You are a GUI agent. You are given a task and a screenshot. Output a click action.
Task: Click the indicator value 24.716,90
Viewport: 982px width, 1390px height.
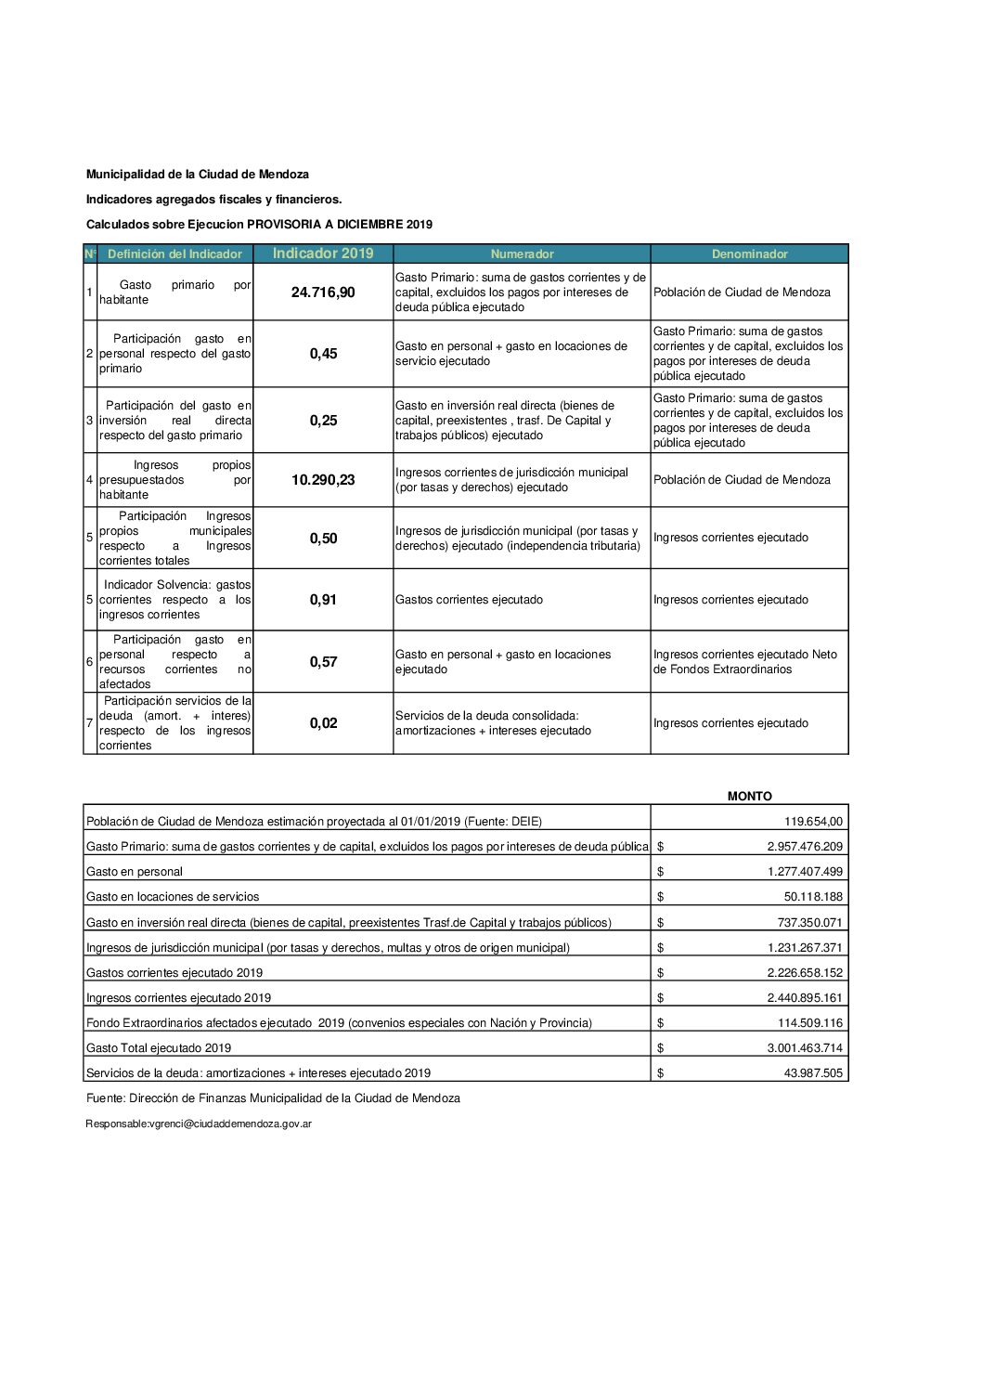323,292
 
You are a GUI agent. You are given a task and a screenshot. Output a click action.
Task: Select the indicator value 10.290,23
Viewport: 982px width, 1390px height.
323,480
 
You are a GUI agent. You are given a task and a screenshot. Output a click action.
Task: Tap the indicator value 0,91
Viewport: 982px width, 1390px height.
323,600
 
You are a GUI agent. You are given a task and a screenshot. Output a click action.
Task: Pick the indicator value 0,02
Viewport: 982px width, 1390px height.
323,723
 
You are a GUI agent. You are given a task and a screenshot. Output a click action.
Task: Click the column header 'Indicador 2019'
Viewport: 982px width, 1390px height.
323,253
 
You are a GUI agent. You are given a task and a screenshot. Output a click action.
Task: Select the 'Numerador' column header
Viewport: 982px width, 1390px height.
522,254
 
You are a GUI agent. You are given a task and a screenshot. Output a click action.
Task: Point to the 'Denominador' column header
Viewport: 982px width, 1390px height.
749,254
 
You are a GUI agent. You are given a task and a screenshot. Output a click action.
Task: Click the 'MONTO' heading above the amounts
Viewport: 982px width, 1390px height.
749,797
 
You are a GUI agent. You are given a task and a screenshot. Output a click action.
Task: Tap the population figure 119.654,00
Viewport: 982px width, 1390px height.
813,822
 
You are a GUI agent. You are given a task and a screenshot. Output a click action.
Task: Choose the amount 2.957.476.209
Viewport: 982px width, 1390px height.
805,847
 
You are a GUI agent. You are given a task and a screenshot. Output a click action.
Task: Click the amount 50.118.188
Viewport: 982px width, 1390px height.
813,897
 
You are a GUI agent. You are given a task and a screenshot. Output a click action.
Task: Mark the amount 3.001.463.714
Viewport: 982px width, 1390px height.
805,1048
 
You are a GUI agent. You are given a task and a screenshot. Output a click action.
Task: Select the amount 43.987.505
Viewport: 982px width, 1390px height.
813,1073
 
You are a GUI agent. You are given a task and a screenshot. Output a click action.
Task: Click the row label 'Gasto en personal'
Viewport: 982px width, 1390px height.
135,872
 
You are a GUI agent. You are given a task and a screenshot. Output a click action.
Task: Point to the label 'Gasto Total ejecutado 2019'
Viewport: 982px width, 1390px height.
159,1048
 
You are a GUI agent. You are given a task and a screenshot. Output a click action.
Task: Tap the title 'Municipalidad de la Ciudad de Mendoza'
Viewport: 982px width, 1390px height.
198,175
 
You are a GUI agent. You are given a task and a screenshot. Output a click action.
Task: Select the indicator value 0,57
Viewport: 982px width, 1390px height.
323,662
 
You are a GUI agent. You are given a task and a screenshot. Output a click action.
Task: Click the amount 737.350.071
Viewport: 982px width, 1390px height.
809,923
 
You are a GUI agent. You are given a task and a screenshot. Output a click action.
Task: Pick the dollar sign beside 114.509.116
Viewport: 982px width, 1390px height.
660,1023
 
